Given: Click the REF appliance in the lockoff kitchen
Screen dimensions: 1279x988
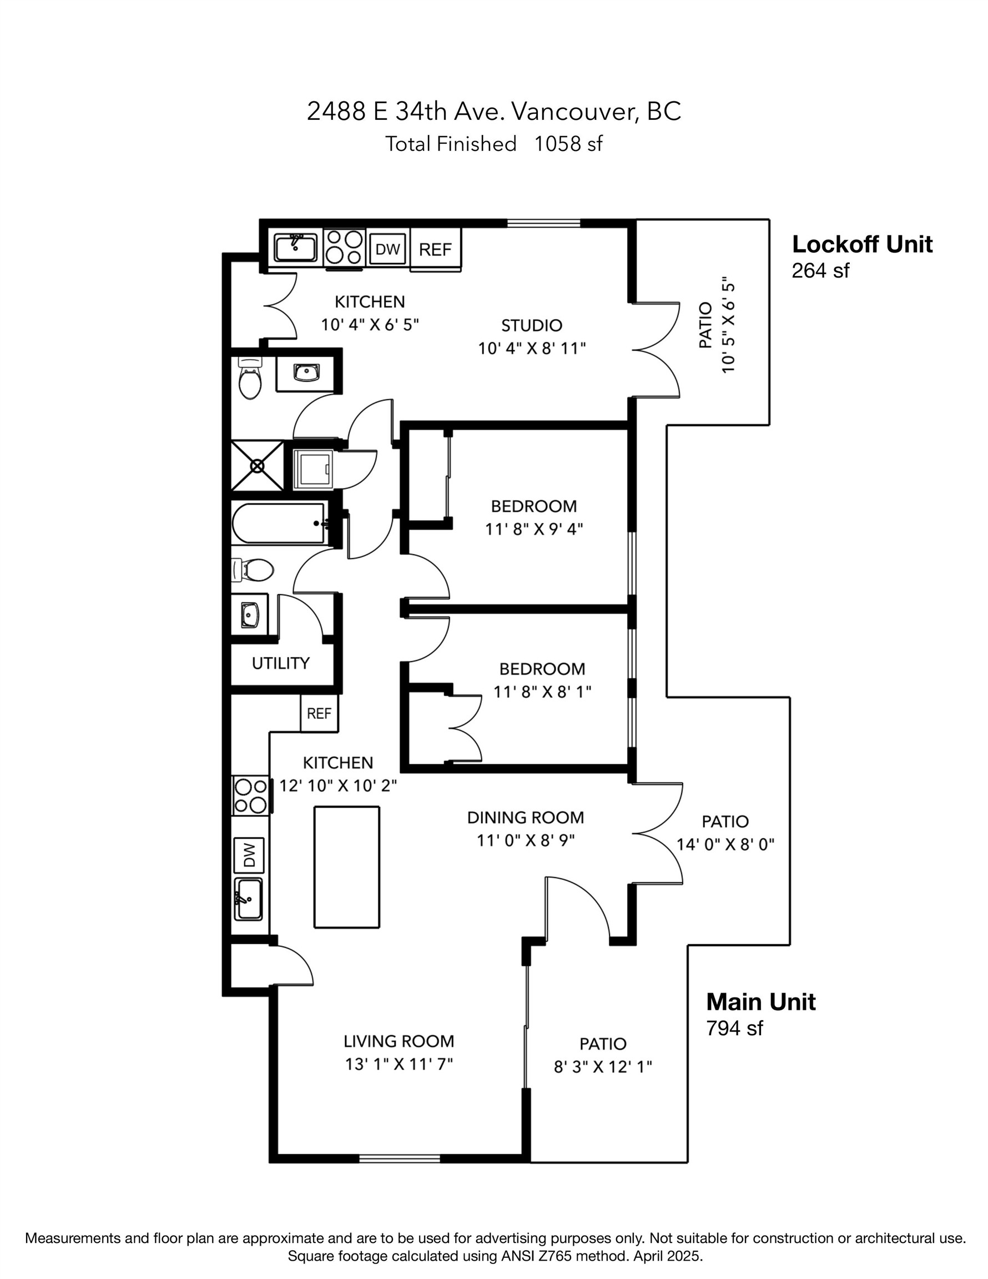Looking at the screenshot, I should tap(435, 250).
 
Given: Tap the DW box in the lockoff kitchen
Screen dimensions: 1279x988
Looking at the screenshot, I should tap(387, 249).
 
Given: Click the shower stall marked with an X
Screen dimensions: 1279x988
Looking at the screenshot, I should tap(257, 466).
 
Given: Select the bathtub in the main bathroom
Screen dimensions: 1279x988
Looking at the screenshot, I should tap(279, 523).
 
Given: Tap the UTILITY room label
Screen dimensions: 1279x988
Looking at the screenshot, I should tap(280, 663).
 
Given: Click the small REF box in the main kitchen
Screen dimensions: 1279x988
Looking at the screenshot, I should tap(319, 713).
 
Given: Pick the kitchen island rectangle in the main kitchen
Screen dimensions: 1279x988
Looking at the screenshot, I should tap(346, 867).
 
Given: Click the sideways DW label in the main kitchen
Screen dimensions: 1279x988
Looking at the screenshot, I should tap(249, 855).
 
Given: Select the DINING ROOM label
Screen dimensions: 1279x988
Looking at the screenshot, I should tap(525, 818).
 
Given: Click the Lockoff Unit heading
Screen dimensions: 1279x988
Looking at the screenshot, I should tap(861, 245).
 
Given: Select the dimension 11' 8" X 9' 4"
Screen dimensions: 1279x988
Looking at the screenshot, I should tap(533, 530).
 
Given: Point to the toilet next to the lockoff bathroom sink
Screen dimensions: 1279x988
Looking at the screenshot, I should tap(250, 380).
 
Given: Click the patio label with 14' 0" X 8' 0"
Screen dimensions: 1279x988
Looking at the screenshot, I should tap(725, 822).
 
